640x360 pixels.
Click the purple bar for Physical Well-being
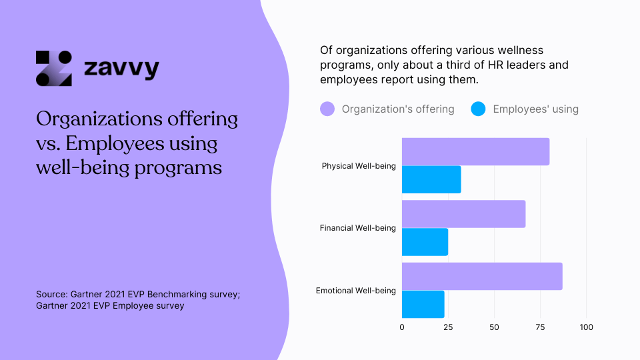(475, 152)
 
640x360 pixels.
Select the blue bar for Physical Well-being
(431, 179)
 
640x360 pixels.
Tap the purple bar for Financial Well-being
(463, 214)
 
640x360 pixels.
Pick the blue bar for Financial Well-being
(425, 241)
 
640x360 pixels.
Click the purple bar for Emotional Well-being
(482, 276)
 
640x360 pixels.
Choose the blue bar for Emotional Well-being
(423, 304)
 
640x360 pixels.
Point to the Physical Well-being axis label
(359, 166)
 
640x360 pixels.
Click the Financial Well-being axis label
(357, 228)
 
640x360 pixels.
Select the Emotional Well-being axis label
(355, 291)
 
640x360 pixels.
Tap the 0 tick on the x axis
(402, 327)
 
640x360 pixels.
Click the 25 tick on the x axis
(448, 327)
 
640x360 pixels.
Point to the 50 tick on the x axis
(494, 327)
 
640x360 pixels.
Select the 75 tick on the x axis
(540, 327)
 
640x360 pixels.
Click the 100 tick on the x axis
(586, 327)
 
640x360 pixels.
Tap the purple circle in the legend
(327, 109)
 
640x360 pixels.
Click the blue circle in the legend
(477, 109)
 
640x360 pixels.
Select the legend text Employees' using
(535, 109)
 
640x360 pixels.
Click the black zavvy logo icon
(53, 69)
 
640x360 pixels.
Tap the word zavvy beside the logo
(121, 69)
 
